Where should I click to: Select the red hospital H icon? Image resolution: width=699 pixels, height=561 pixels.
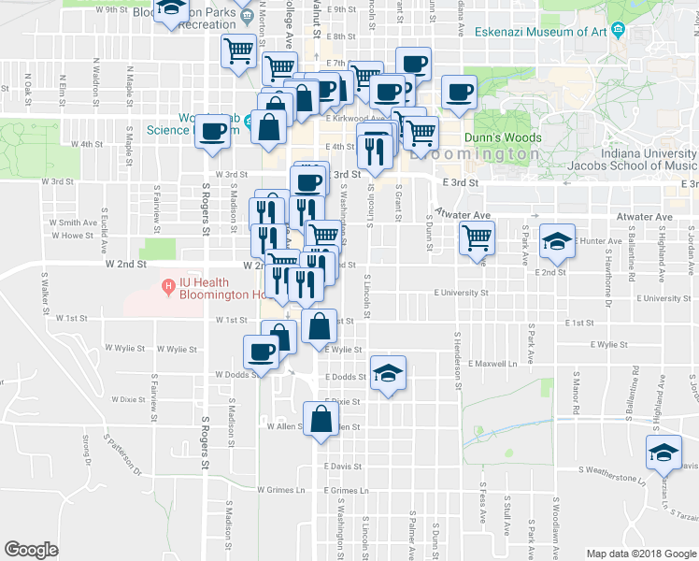coord(168,285)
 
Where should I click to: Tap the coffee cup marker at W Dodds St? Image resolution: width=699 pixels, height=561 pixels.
coord(261,352)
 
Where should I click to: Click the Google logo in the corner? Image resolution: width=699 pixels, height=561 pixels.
coord(31,550)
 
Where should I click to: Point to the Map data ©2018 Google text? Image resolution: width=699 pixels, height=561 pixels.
coord(642,553)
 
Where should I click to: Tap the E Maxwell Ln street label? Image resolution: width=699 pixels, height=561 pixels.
coord(494,363)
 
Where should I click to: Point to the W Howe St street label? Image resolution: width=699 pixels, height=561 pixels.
coord(78,236)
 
